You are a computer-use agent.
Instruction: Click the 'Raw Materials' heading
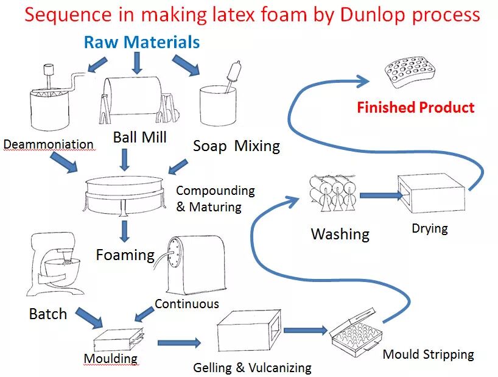click(141, 42)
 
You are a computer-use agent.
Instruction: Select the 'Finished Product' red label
click(415, 108)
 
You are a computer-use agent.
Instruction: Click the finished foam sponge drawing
click(415, 71)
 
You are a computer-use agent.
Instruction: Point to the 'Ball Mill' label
click(139, 137)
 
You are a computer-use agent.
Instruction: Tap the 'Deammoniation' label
click(48, 144)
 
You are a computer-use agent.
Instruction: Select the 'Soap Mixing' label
click(236, 146)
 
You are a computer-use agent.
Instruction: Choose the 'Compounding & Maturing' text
click(215, 199)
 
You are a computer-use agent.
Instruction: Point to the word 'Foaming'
click(125, 254)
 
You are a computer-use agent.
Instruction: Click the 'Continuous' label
click(186, 303)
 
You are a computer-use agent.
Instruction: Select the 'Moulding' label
click(110, 358)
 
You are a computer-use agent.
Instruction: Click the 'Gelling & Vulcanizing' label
click(252, 367)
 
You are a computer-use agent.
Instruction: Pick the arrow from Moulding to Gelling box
click(178, 344)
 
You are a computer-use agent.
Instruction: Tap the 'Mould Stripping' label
click(428, 354)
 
